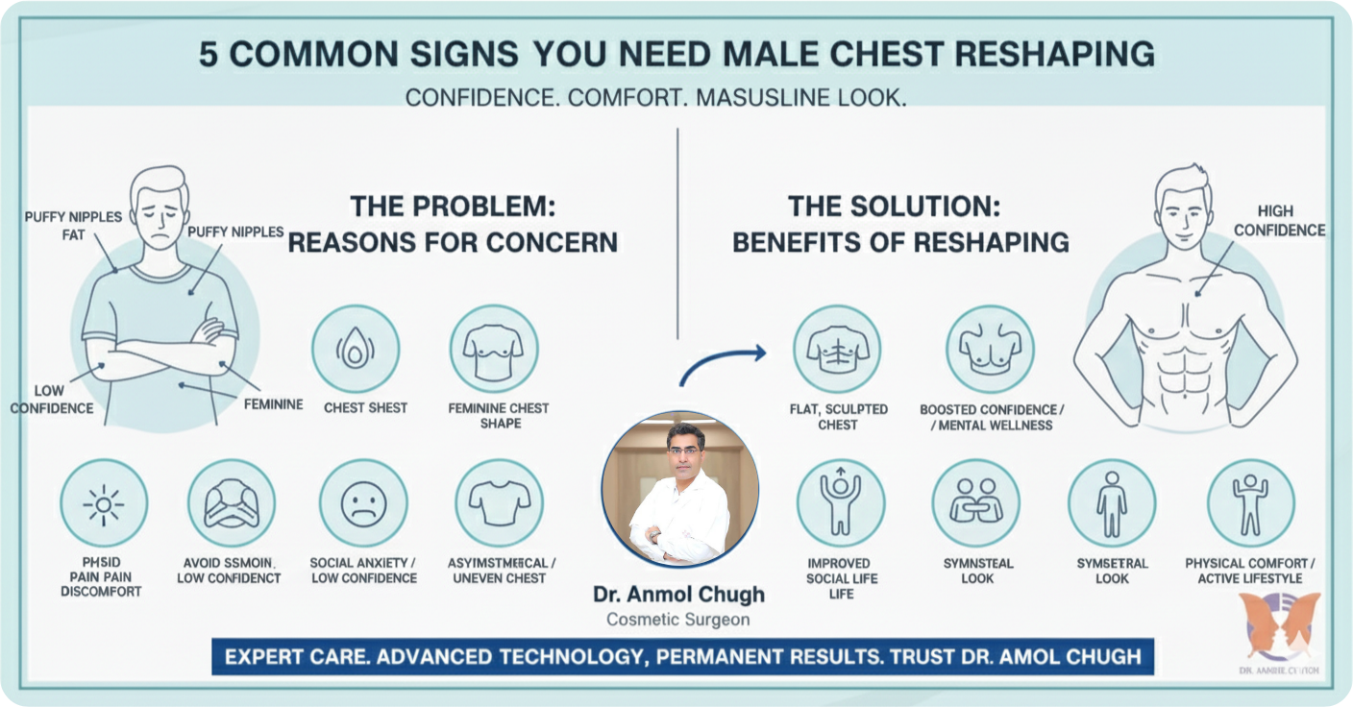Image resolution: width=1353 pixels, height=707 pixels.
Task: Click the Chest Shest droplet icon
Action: click(x=355, y=349)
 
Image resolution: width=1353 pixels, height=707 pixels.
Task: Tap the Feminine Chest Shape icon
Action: click(x=493, y=349)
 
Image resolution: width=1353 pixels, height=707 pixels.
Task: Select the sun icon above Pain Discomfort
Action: click(x=104, y=502)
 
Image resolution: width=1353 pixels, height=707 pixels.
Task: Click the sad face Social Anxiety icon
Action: click(x=363, y=502)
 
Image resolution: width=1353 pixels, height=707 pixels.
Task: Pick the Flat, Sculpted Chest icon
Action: click(x=836, y=349)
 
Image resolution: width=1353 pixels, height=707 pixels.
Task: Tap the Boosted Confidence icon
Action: click(x=990, y=349)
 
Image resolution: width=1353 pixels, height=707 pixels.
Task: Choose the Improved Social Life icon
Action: click(x=840, y=502)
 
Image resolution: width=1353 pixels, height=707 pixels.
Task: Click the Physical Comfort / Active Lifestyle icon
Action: click(x=1250, y=502)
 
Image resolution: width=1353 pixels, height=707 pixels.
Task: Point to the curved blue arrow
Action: click(x=723, y=362)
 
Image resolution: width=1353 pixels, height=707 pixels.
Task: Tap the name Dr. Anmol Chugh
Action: click(x=679, y=596)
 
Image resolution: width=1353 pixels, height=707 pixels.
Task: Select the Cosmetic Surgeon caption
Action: click(x=678, y=620)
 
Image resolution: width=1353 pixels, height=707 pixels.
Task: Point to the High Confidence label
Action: click(x=1279, y=220)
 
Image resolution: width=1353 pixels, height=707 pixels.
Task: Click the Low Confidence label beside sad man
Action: click(x=51, y=400)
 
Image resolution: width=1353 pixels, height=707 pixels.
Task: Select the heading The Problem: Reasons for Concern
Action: click(x=453, y=224)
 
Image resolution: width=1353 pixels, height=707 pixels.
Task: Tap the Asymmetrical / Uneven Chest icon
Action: click(x=499, y=502)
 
